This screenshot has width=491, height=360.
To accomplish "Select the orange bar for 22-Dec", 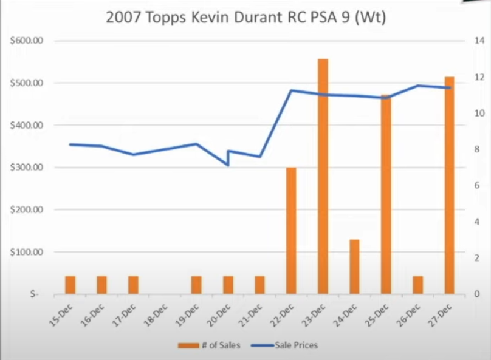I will point(291,231).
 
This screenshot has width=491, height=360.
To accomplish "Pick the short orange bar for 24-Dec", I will point(354,267).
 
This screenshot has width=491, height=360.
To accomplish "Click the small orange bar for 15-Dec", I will point(70,285).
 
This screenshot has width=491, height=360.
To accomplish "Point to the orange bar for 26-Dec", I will point(417,285).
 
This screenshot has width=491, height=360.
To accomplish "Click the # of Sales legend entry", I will point(210,345).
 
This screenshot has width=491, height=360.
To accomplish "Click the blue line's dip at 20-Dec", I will point(228,165).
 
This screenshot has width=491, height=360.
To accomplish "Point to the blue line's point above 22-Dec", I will point(291,90).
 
